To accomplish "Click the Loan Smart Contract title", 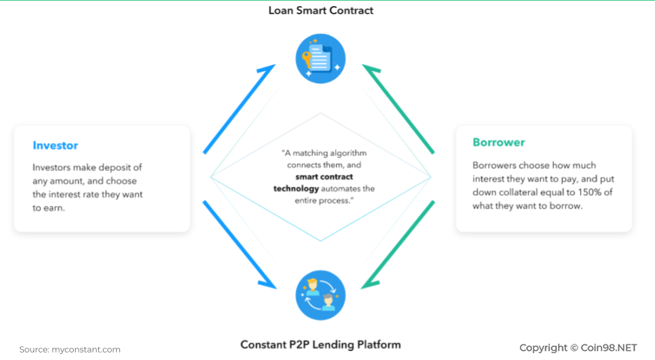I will point(321,10).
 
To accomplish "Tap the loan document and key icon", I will point(321,59).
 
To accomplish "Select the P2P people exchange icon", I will point(321,296).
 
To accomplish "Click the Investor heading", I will point(55,145).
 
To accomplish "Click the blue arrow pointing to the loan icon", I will point(239,108).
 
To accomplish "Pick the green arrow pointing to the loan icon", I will point(398,108).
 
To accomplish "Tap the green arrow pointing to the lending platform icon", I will point(398,244).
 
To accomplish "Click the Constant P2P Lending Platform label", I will point(321,344).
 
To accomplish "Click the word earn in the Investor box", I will point(56,208).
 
